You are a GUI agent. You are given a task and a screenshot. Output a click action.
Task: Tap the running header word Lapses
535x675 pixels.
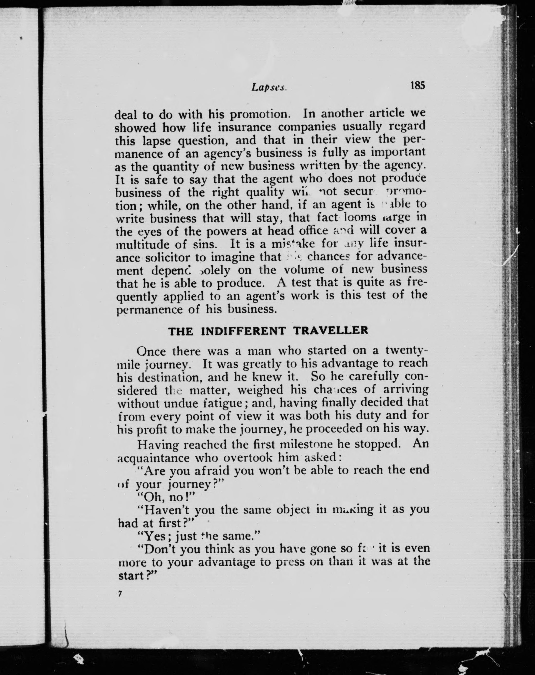click(x=269, y=88)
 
